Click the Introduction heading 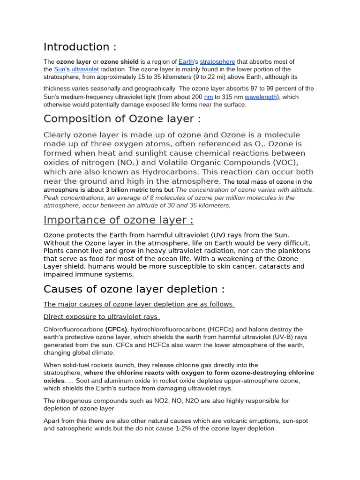click(x=80, y=47)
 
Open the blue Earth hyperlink click(x=186, y=61)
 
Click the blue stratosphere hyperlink click(x=217, y=61)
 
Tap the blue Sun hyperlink click(x=59, y=69)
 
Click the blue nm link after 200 click(x=209, y=97)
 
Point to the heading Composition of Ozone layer click(x=122, y=119)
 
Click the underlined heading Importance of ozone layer click(x=118, y=220)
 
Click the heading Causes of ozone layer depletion click(x=134, y=289)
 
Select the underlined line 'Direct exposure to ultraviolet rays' click(x=101, y=317)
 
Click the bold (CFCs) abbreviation click(x=116, y=330)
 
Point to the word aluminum click(x=97, y=381)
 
